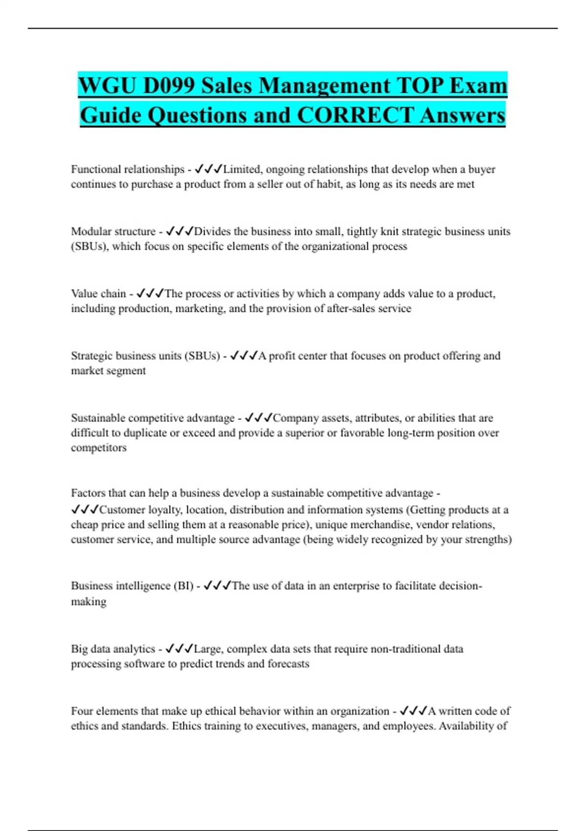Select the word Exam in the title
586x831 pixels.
479,86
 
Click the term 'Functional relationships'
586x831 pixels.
127,169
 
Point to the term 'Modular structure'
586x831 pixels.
113,231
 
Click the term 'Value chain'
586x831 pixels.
98,293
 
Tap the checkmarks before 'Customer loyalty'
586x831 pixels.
84,510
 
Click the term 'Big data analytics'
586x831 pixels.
113,649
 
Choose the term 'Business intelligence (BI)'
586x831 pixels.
132,586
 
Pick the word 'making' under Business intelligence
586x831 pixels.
88,602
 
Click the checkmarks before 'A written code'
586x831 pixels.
413,711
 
